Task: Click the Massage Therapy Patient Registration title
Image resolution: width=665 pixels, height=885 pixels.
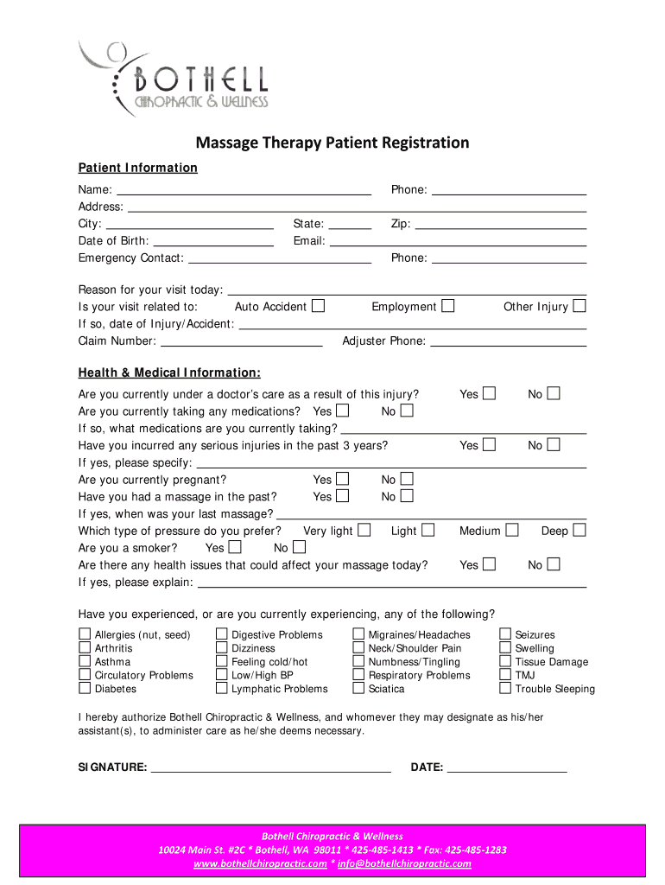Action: pyautogui.click(x=332, y=143)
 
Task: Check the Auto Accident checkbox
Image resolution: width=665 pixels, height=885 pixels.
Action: pyautogui.click(x=319, y=306)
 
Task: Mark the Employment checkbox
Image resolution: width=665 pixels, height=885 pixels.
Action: pyautogui.click(x=447, y=306)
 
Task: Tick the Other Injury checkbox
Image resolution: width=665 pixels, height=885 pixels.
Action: pyautogui.click(x=579, y=306)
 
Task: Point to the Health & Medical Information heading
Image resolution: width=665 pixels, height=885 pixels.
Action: pyautogui.click(x=169, y=372)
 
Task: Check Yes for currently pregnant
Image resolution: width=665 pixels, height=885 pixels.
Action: pyautogui.click(x=343, y=479)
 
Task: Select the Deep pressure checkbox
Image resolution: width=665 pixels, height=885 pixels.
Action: pyautogui.click(x=579, y=530)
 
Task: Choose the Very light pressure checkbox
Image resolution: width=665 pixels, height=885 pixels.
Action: pyautogui.click(x=364, y=530)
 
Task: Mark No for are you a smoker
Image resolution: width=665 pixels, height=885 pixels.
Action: pyautogui.click(x=299, y=547)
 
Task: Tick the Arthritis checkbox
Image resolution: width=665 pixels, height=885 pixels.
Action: pyautogui.click(x=85, y=648)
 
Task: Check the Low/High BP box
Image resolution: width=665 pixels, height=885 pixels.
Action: pyautogui.click(x=222, y=675)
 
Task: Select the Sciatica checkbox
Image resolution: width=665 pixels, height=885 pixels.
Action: pyautogui.click(x=358, y=689)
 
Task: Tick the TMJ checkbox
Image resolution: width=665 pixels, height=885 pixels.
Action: pyautogui.click(x=505, y=675)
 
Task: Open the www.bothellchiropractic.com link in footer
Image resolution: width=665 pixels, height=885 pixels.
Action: pyautogui.click(x=260, y=863)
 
